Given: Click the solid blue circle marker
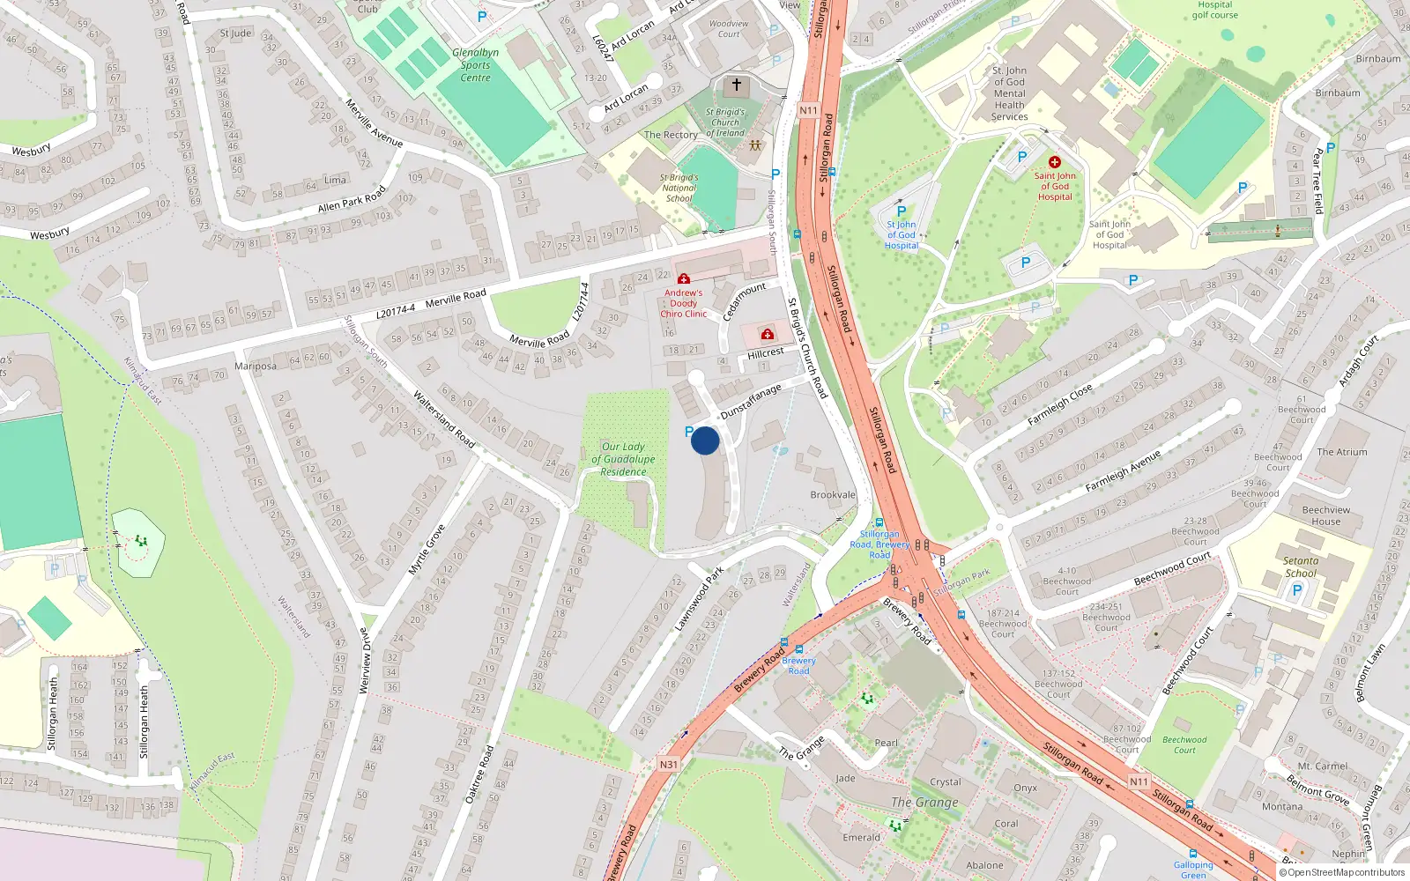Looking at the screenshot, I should pyautogui.click(x=705, y=440).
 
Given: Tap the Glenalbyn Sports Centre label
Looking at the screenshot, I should pyautogui.click(x=475, y=65).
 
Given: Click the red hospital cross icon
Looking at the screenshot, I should pyautogui.click(x=1054, y=162).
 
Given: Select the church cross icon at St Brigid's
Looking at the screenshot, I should pyautogui.click(x=737, y=85).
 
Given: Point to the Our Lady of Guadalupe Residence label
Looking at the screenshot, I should pyautogui.click(x=623, y=459).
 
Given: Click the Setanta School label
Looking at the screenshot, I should pyautogui.click(x=1301, y=566).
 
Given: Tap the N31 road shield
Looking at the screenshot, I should pyautogui.click(x=669, y=764).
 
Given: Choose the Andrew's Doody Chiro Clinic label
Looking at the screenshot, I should pyautogui.click(x=683, y=303).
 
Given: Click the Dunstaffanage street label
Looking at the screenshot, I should pyautogui.click(x=751, y=401).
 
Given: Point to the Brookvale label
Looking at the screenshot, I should pyautogui.click(x=833, y=495).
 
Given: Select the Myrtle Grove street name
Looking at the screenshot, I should pyautogui.click(x=427, y=551).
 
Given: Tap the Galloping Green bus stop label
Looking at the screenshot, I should pyautogui.click(x=1193, y=870).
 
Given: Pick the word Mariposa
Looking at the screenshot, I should pyautogui.click(x=256, y=366).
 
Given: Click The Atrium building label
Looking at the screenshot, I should pyautogui.click(x=1342, y=452).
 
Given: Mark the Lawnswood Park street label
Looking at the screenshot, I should pyautogui.click(x=699, y=599).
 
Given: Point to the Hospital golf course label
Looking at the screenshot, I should pyautogui.click(x=1215, y=10).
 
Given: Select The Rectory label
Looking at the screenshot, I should pyautogui.click(x=671, y=135).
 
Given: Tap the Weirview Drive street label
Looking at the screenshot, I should pyautogui.click(x=365, y=661).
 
